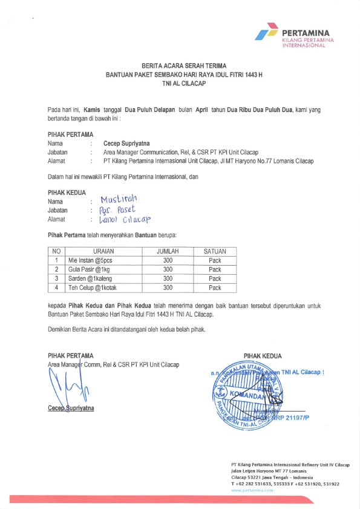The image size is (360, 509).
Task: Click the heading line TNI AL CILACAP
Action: [180, 85]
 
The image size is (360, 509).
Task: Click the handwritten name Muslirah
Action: [120, 199]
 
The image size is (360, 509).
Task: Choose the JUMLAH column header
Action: [168, 251]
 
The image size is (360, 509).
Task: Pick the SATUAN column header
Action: [215, 251]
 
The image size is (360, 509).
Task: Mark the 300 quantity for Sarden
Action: [168, 278]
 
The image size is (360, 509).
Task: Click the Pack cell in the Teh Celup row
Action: [215, 288]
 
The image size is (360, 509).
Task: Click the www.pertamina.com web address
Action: [252, 490]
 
